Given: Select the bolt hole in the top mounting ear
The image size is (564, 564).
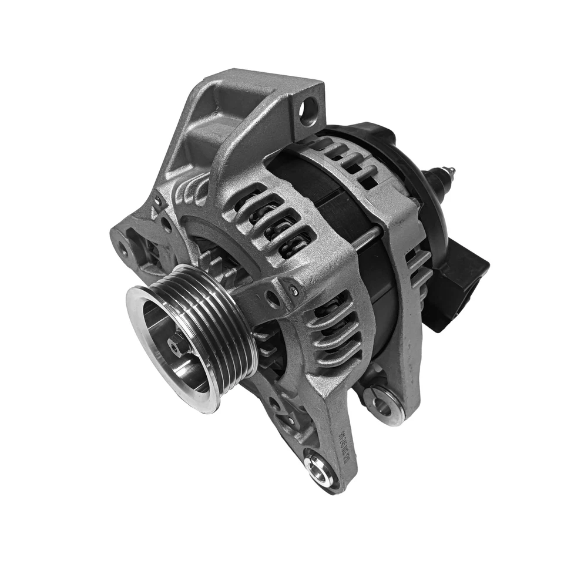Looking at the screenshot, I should coord(308,110).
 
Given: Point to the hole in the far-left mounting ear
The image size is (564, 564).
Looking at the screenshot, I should coord(123,249).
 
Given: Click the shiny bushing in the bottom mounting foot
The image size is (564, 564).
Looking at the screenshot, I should coord(318,468).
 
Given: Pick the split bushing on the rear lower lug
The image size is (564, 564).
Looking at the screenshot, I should coord(383,404).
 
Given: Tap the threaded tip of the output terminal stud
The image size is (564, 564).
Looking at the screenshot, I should coord(449,172).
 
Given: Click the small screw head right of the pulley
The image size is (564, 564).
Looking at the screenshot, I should coord(293,291).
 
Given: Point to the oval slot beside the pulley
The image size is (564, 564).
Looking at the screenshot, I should coord(273,299).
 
